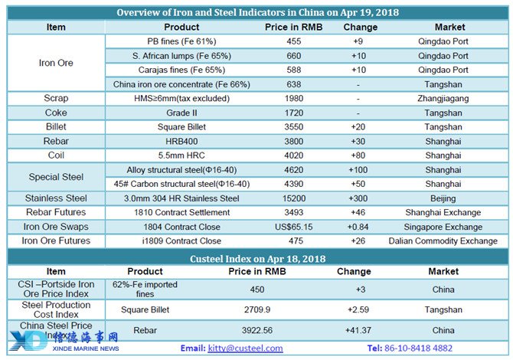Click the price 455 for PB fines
click(293, 41)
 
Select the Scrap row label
click(56, 98)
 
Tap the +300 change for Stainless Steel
click(358, 198)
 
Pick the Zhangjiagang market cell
click(443, 99)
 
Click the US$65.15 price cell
click(293, 227)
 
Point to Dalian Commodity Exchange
click(443, 241)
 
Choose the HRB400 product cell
click(181, 142)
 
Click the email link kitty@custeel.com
click(245, 348)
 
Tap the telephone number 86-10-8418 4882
click(418, 348)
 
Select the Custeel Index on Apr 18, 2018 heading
click(257, 259)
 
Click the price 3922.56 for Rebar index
click(257, 330)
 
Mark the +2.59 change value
click(358, 309)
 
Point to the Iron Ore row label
click(56, 63)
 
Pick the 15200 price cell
click(294, 198)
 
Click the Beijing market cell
click(443, 198)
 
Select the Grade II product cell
click(181, 113)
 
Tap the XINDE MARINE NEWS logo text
click(86, 349)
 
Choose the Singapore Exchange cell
click(443, 227)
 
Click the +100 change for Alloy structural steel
click(358, 170)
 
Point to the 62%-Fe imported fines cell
click(145, 290)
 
